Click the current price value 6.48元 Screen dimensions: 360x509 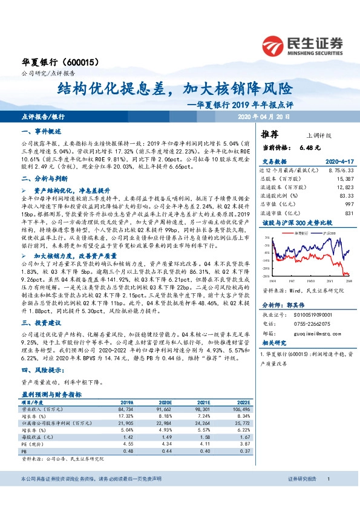tap(309, 147)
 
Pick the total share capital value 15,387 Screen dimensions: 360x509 tap(343, 180)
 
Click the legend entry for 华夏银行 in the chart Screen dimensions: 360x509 tap(301, 232)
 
